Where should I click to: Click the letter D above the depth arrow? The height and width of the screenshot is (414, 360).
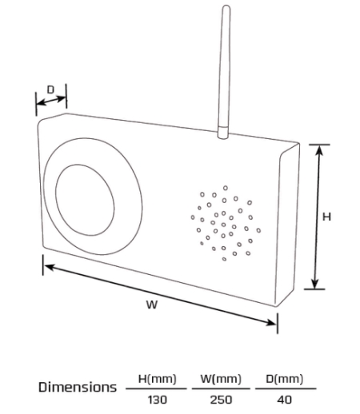coord(50,90)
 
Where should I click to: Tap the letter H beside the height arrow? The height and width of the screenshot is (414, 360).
coord(326,217)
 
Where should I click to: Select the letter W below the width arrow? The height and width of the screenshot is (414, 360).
coord(152,305)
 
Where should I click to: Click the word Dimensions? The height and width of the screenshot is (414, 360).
coord(78,387)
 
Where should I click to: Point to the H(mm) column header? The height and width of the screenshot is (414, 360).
coord(157,379)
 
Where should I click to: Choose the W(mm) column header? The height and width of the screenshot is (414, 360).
coord(221,379)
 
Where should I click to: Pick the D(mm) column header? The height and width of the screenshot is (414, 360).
coord(285,379)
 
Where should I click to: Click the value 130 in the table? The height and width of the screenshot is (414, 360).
coord(158,400)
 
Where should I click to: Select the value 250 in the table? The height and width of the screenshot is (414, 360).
coord(221,400)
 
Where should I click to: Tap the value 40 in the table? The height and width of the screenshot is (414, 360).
coord(285,400)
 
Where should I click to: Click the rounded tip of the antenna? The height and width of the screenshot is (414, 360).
coord(226,6)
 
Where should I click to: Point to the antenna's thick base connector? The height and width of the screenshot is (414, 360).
coord(223,133)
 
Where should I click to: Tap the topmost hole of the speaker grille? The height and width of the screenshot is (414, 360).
coord(226,188)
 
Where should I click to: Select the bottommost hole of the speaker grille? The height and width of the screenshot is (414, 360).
coord(224,259)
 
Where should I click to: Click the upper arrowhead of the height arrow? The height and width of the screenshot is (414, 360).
coord(319,149)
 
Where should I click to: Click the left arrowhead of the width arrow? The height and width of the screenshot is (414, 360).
coord(50,267)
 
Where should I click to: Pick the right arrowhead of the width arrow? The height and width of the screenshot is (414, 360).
coord(271,323)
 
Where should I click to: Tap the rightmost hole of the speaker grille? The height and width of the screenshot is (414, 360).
coord(258,230)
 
